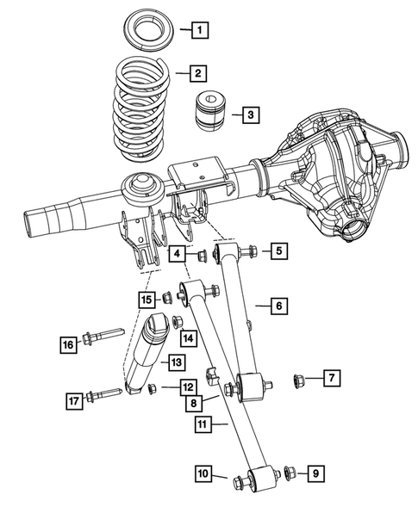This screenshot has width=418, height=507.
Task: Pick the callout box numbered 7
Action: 332,378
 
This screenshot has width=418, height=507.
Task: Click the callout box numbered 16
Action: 67,344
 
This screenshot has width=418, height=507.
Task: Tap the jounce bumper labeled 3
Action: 209,109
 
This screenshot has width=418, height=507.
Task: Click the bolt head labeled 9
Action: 287,472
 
